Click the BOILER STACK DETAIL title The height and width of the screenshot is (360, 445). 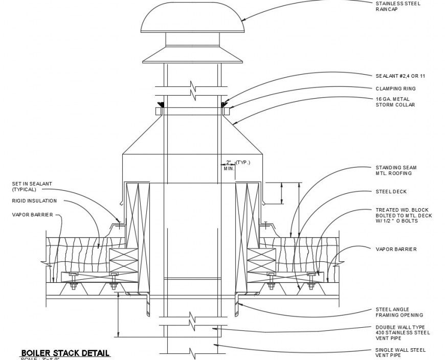[64, 353]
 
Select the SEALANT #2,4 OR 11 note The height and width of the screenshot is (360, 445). [400, 76]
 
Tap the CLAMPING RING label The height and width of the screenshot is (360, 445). [395, 88]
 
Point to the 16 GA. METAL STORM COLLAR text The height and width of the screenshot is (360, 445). [395, 102]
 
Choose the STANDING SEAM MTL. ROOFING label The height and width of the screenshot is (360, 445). [396, 170]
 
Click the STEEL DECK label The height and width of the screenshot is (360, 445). [391, 192]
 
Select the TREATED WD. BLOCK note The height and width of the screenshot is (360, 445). [404, 215]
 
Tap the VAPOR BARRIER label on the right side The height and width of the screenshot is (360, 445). [396, 249]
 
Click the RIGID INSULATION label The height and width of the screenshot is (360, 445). [34, 201]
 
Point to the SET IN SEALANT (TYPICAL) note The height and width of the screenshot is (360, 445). [32, 186]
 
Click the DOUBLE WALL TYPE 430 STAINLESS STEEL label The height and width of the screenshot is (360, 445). [403, 330]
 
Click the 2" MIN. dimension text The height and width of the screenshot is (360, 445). [228, 165]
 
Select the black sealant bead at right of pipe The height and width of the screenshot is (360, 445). [224, 105]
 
